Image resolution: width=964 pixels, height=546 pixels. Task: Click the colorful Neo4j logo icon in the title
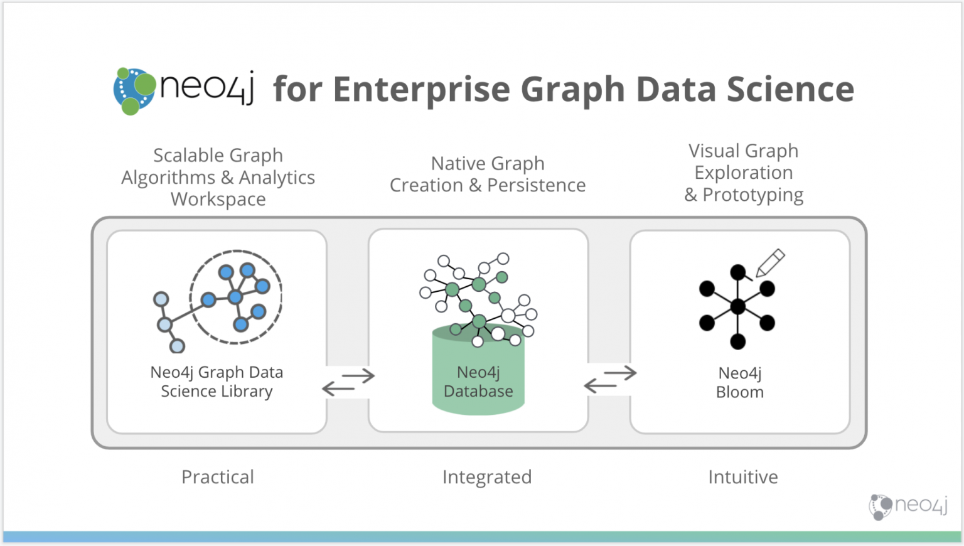pyautogui.click(x=134, y=90)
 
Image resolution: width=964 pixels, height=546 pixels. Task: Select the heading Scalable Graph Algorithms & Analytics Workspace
pyautogui.click(x=218, y=177)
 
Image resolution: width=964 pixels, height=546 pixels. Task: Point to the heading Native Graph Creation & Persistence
pyautogui.click(x=488, y=174)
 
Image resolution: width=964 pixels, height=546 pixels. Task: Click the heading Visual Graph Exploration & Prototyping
pyautogui.click(x=744, y=173)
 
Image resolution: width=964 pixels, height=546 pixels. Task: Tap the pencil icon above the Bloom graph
pyautogui.click(x=771, y=262)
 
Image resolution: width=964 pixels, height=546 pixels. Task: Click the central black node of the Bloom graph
pyautogui.click(x=738, y=306)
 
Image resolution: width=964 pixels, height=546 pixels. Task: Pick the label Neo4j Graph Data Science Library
pyautogui.click(x=217, y=382)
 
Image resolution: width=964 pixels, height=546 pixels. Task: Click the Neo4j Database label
pyautogui.click(x=478, y=382)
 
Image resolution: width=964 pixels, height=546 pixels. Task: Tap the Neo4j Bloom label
pyautogui.click(x=740, y=382)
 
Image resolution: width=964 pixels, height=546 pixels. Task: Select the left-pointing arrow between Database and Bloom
pyautogui.click(x=600, y=385)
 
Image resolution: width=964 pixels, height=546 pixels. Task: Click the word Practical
pyautogui.click(x=218, y=477)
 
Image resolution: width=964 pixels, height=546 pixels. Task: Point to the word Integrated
pyautogui.click(x=487, y=477)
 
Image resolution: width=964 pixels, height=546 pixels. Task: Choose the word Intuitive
pyautogui.click(x=743, y=477)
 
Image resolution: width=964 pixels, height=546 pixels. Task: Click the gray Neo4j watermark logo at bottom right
pyautogui.click(x=908, y=506)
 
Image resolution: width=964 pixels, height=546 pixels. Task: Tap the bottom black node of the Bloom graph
pyautogui.click(x=738, y=341)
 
